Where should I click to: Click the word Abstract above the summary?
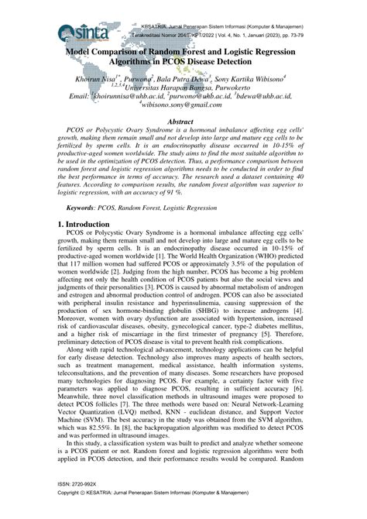[x=183, y=122]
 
